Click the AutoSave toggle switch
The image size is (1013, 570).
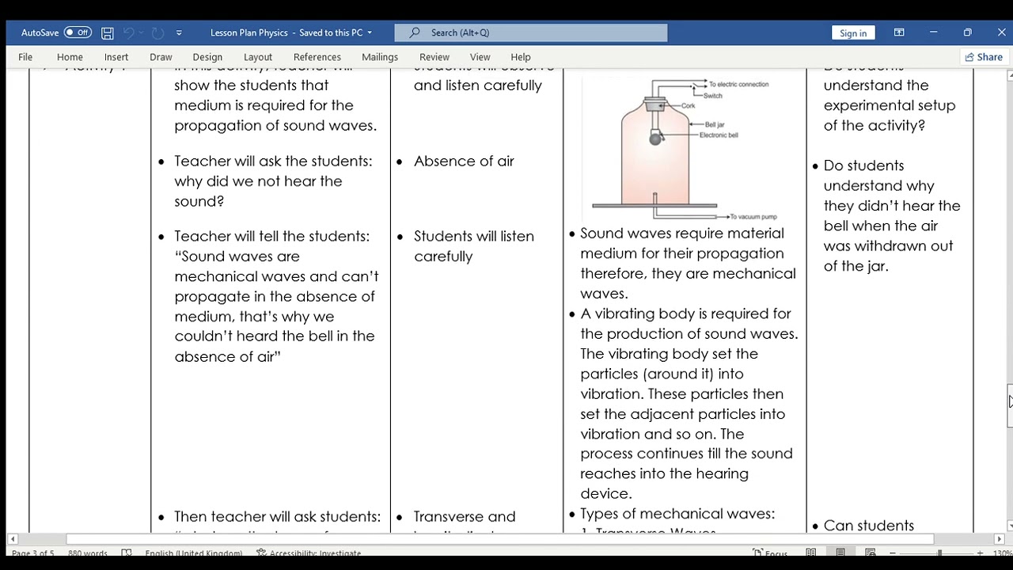click(78, 32)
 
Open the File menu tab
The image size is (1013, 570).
click(25, 57)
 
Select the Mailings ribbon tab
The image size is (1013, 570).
click(380, 57)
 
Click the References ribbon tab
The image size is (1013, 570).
click(317, 57)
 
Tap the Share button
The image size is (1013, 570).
click(983, 57)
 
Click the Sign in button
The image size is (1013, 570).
click(852, 33)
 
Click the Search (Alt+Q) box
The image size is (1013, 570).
click(530, 32)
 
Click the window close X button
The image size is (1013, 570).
click(1001, 32)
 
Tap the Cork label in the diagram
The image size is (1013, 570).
click(688, 106)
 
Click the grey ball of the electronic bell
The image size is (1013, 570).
click(655, 139)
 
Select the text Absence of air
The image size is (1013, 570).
click(464, 161)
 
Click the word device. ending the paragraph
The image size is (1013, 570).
click(606, 494)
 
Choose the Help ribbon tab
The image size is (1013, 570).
click(521, 57)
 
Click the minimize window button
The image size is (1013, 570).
click(934, 32)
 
